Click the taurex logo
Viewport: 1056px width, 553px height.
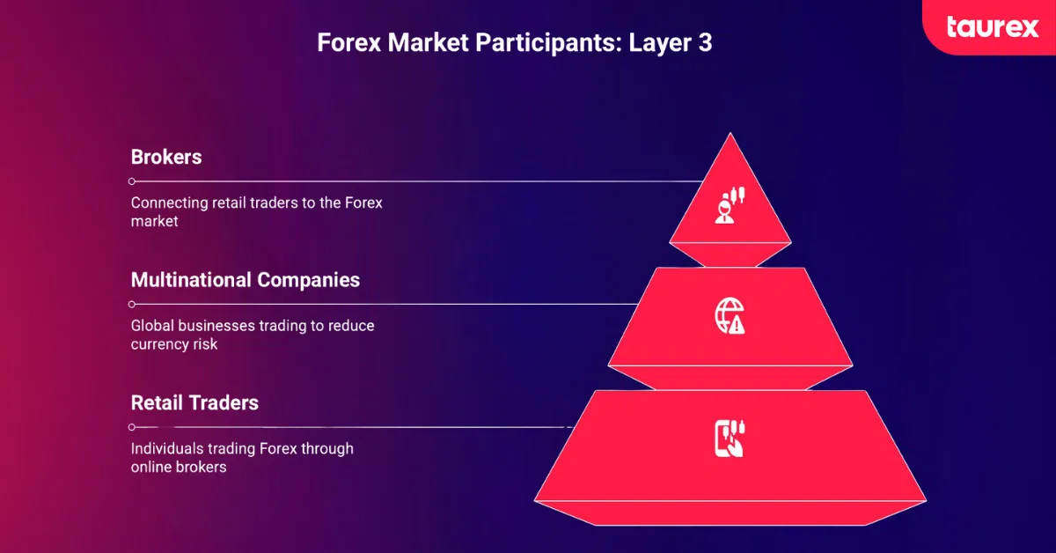[993, 26]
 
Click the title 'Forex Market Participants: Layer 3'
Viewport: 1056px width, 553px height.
[515, 43]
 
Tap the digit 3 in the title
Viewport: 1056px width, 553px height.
[704, 43]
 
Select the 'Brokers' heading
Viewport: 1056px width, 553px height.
[166, 158]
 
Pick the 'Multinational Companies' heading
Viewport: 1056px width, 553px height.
[246, 280]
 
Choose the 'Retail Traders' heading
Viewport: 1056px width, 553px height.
[194, 402]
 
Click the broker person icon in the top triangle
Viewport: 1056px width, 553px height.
[730, 205]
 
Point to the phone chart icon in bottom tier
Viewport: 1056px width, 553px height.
[730, 438]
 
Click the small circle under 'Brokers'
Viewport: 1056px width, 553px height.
[132, 181]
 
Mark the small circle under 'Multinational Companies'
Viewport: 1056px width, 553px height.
[132, 304]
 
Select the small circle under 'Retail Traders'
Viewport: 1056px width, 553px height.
[132, 427]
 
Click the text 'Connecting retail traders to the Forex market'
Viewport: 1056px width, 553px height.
[256, 212]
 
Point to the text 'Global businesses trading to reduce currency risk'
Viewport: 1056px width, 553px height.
[253, 335]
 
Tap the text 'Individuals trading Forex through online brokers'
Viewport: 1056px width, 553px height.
[242, 457]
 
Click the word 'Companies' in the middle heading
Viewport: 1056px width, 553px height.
[308, 280]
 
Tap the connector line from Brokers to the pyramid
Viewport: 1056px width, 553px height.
[414, 181]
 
